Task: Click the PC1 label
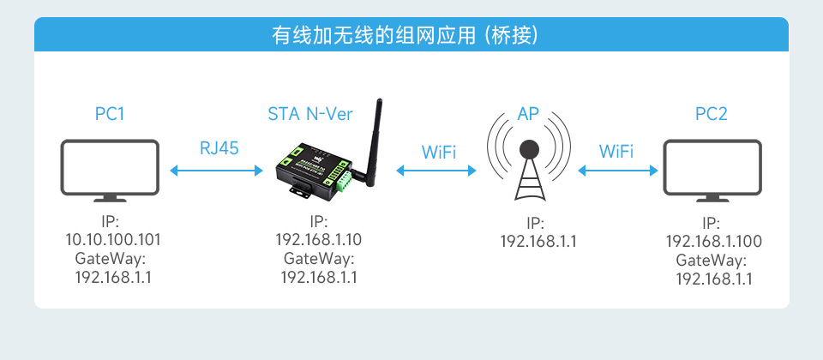[110, 113]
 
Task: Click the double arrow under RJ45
[217, 171]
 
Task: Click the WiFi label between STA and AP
[438, 152]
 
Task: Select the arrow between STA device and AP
[436, 171]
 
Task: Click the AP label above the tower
[528, 113]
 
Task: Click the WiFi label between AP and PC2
[616, 152]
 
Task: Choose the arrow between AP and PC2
[617, 171]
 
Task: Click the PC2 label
[712, 113]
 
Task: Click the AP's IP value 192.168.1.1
[538, 241]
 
